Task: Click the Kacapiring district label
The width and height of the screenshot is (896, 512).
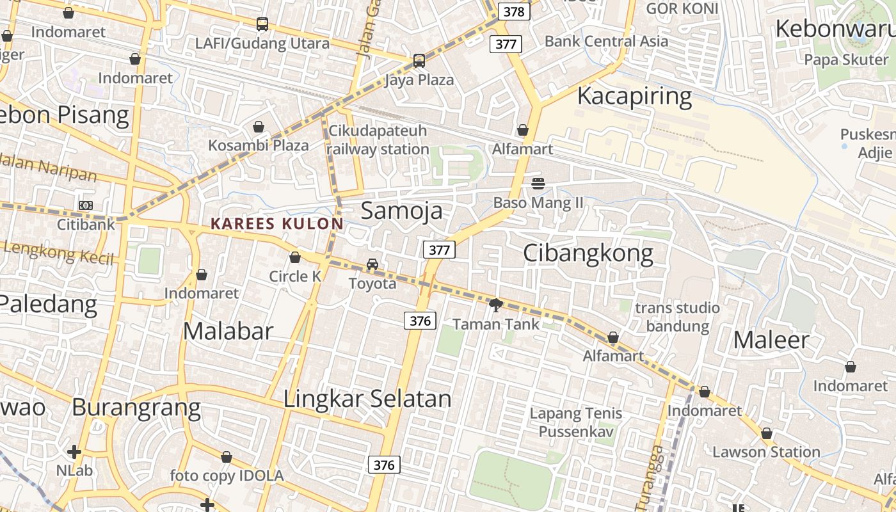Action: click(x=634, y=96)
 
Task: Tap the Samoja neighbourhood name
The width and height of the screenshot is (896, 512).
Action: click(x=401, y=211)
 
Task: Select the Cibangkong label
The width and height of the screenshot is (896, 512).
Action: click(x=588, y=253)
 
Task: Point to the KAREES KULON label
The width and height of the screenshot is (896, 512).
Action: click(x=276, y=224)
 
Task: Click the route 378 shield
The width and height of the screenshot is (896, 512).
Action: click(x=514, y=12)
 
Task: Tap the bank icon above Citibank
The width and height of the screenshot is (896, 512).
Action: click(x=85, y=205)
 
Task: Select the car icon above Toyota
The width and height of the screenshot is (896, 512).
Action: click(x=372, y=264)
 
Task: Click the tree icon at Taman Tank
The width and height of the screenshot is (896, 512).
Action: click(x=495, y=305)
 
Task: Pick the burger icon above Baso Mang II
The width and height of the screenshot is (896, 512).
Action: click(x=538, y=184)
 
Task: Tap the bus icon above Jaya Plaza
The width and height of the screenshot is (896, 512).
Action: click(x=419, y=61)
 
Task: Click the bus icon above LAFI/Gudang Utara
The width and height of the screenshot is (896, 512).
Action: click(x=262, y=24)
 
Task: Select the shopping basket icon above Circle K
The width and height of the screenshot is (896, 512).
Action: click(x=295, y=258)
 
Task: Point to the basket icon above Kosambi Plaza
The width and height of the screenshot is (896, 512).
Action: click(x=259, y=127)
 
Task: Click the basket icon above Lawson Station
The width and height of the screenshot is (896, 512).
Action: click(x=767, y=433)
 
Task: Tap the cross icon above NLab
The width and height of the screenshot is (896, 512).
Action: click(x=74, y=452)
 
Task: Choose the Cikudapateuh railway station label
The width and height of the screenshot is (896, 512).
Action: click(x=378, y=140)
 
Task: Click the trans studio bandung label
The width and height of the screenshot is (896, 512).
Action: click(x=677, y=317)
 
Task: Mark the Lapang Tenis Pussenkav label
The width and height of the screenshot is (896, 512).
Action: click(x=576, y=422)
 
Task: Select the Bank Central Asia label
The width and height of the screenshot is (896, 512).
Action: click(x=606, y=41)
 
